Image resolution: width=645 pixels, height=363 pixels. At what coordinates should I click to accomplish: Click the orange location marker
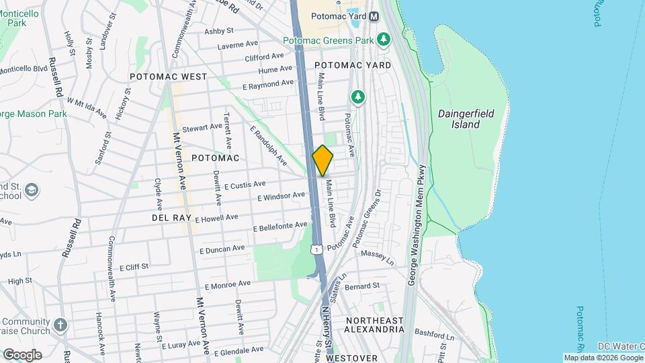click(322, 160)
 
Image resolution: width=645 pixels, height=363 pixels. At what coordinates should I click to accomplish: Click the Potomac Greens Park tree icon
click(384, 40)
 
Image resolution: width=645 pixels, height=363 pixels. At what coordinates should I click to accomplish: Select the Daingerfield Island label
click(466, 119)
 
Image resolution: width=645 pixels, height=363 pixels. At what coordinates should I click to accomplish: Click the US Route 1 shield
click(315, 249)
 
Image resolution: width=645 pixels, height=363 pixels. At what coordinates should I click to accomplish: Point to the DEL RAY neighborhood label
click(172, 218)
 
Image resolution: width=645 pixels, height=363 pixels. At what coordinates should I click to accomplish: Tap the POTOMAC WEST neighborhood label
click(168, 77)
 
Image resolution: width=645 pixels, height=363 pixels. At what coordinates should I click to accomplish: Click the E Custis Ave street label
click(245, 184)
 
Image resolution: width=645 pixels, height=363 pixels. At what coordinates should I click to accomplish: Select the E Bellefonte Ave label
click(280, 227)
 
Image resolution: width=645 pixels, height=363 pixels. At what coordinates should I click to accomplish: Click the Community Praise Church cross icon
click(61, 325)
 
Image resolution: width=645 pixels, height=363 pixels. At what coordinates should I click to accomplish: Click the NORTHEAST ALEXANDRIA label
click(374, 325)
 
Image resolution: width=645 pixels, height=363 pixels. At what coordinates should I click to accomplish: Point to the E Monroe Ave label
click(228, 285)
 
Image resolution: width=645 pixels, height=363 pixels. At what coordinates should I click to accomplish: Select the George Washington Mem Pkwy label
click(417, 225)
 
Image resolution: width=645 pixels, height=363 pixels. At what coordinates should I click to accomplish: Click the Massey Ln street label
click(376, 254)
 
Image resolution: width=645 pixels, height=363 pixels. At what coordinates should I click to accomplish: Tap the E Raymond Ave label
click(269, 85)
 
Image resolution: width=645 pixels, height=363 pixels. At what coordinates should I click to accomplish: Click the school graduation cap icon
click(31, 191)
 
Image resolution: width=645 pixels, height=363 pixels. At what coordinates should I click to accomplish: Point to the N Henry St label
click(327, 327)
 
